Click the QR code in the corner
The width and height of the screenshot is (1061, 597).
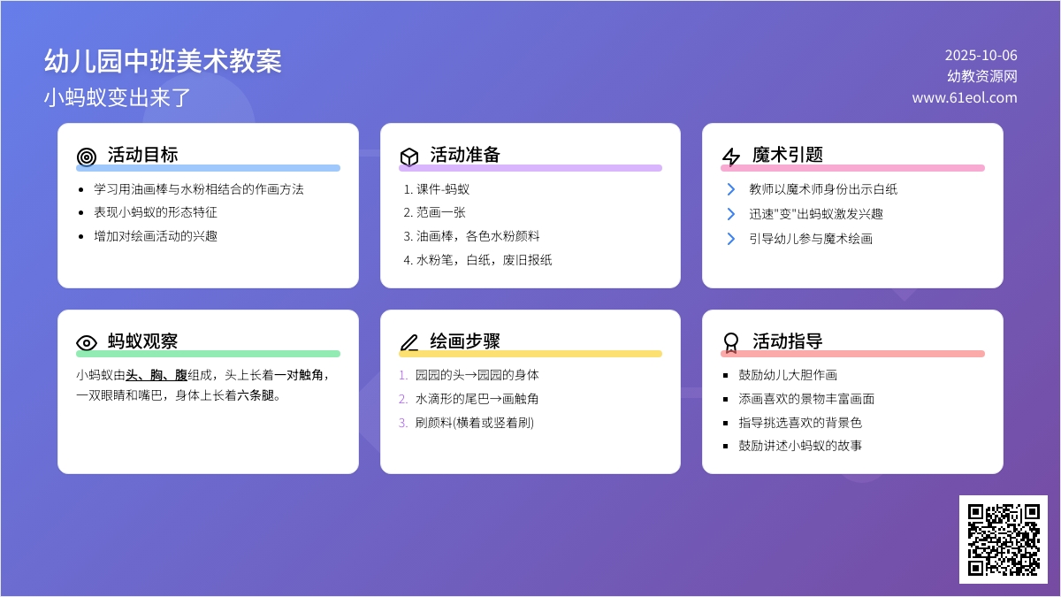[x=1004, y=540]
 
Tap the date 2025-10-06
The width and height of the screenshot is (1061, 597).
[x=981, y=56]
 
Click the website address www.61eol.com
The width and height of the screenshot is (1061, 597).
[x=965, y=97]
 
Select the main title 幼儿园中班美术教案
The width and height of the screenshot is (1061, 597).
[x=163, y=61]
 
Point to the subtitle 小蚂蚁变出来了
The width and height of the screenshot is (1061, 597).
[x=117, y=97]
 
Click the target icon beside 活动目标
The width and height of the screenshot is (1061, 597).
[x=87, y=157]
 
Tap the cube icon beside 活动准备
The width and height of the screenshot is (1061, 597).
[x=409, y=157]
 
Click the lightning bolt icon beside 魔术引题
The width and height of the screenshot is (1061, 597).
[x=731, y=157]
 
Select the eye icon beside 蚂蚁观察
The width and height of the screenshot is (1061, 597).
[x=87, y=342]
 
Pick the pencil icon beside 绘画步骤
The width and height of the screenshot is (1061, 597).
[x=409, y=342]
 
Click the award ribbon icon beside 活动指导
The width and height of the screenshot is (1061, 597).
[x=731, y=342]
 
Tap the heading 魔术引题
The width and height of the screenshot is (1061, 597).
[x=787, y=155]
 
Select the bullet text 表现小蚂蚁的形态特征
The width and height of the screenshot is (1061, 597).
[x=156, y=212]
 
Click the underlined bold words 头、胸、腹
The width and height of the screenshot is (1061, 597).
[x=156, y=375]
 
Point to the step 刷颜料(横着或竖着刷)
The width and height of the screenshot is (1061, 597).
[x=475, y=422]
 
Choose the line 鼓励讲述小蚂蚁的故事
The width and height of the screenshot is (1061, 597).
[x=800, y=446]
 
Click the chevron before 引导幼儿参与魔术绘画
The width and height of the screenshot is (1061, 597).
[x=731, y=238]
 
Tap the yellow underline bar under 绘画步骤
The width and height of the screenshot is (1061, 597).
[x=530, y=354]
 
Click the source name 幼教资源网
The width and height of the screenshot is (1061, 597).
[x=982, y=76]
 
